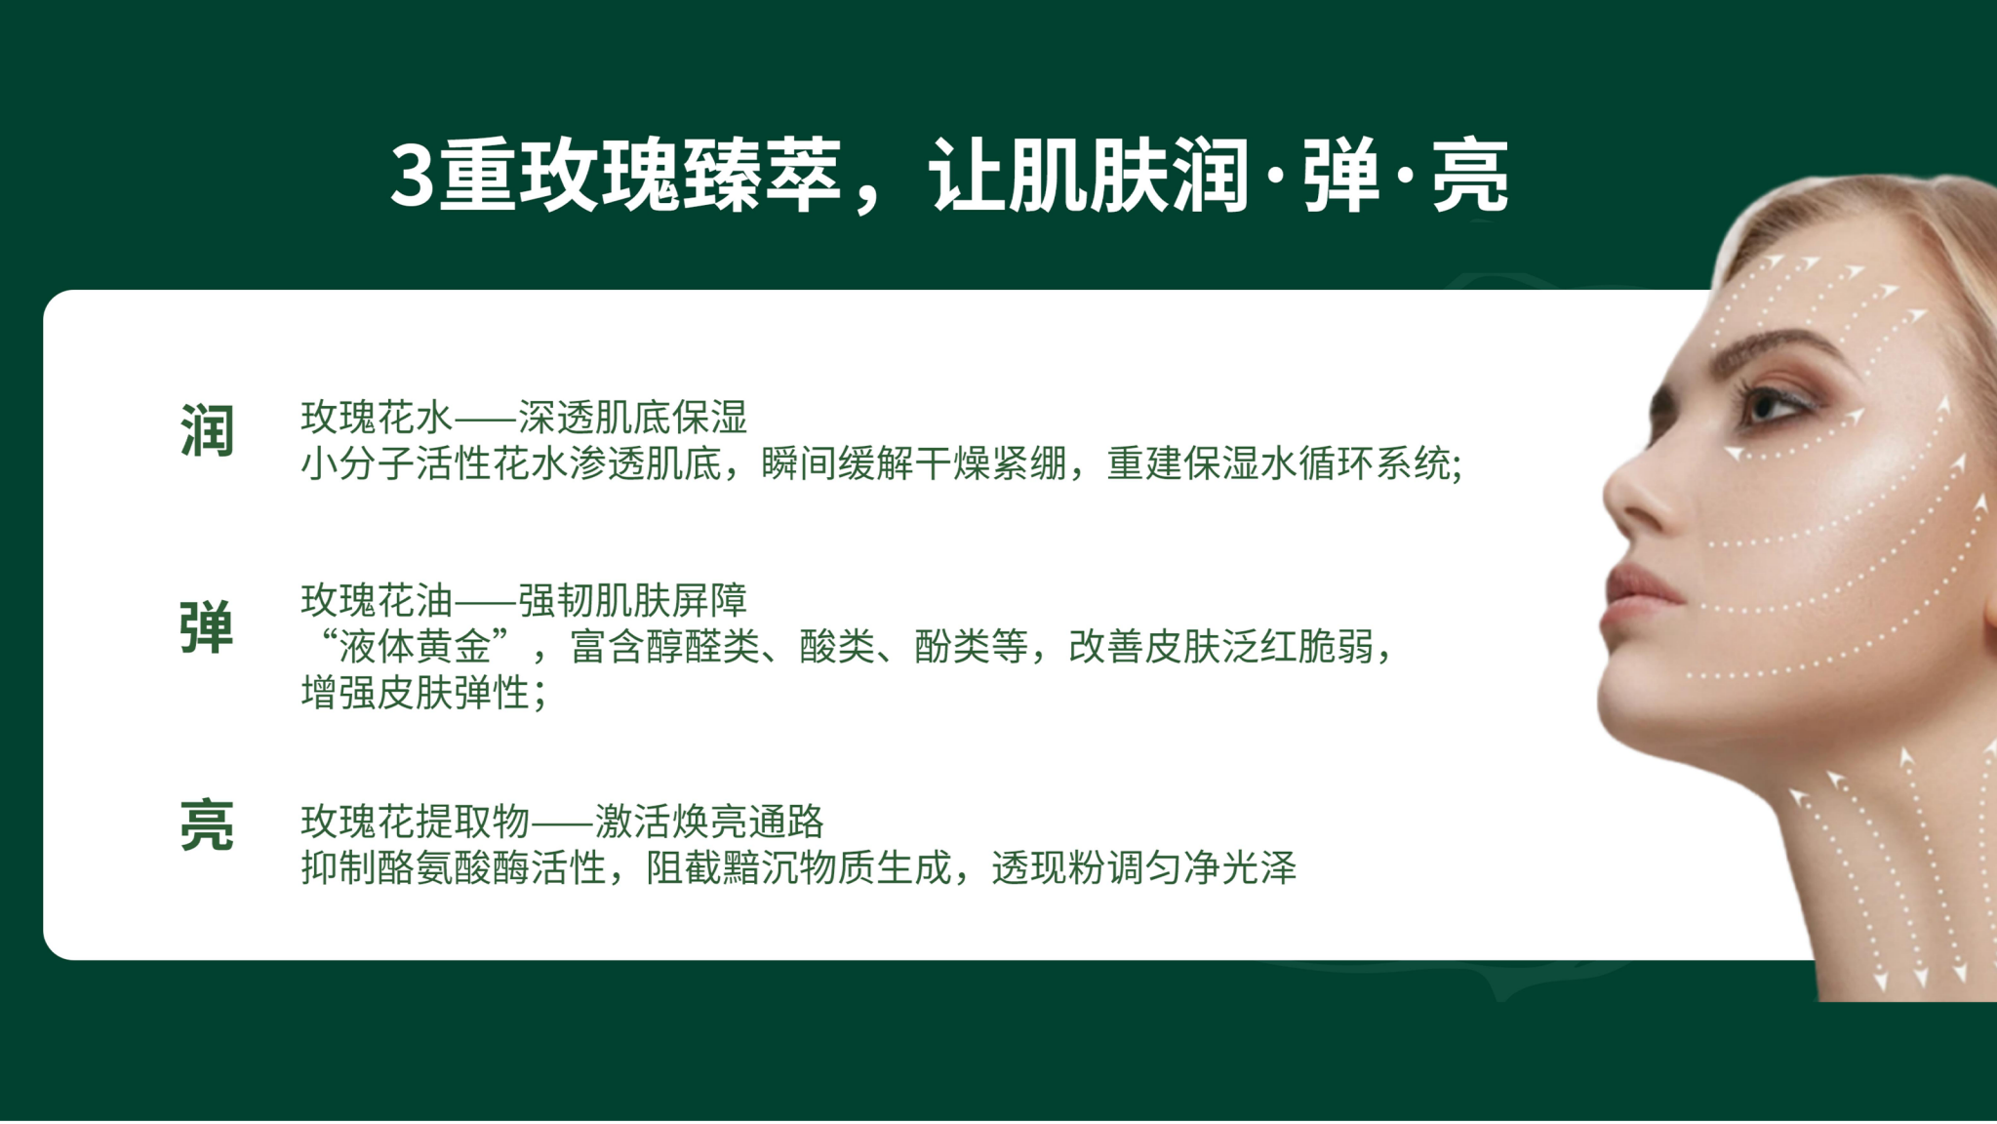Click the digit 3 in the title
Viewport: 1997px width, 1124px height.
(413, 177)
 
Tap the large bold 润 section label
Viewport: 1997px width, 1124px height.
(207, 430)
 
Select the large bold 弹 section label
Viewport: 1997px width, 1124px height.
(207, 627)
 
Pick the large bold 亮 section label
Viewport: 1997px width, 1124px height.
(207, 825)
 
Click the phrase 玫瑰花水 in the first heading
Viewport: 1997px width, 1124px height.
(377, 418)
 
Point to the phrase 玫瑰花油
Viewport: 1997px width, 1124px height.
(377, 600)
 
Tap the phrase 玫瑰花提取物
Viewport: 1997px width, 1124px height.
(415, 822)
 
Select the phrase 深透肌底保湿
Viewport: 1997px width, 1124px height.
(632, 418)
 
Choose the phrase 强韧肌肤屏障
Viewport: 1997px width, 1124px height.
(632, 600)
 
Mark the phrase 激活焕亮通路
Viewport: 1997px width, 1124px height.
(709, 822)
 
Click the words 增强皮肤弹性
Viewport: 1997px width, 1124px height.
(415, 693)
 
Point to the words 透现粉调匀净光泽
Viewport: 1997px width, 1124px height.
(1144, 867)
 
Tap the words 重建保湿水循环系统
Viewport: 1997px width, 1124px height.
(1279, 463)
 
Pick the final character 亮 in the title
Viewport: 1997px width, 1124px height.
(1470, 177)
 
